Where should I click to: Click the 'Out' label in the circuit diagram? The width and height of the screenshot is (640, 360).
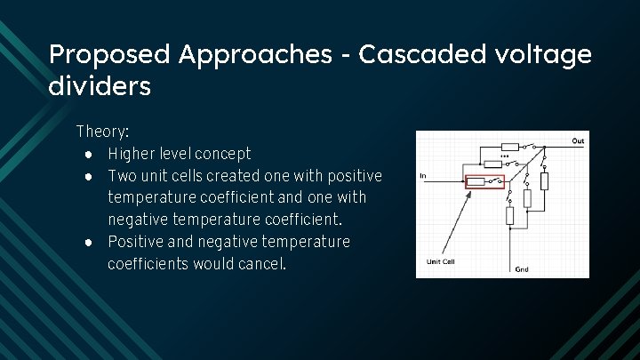tap(578, 140)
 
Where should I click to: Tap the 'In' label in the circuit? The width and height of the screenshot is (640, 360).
tap(422, 176)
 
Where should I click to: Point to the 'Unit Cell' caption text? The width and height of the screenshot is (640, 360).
tap(441, 261)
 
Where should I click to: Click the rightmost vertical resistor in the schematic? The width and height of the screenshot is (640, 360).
tap(545, 182)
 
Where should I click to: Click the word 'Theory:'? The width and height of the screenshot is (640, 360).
tap(102, 132)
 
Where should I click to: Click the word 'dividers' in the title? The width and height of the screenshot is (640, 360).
tap(100, 87)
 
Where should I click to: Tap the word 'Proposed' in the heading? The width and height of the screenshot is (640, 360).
tap(109, 55)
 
